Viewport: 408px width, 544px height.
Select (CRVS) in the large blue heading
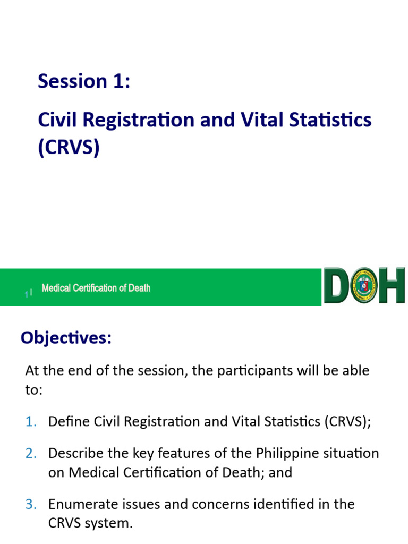[69, 148]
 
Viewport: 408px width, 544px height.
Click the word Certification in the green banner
[96, 288]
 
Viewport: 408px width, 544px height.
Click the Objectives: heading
[66, 338]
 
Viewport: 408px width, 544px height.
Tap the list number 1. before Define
[31, 422]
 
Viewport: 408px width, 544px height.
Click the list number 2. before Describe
[31, 454]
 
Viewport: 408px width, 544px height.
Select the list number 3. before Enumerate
[31, 504]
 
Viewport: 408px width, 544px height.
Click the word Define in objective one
[68, 422]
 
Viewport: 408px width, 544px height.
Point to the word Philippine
[290, 454]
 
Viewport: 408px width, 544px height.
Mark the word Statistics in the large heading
[330, 120]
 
